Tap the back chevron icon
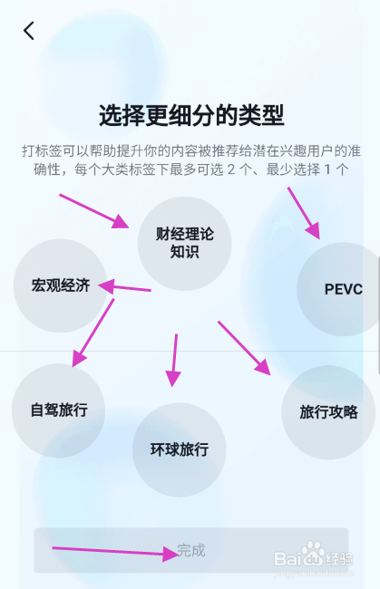28,31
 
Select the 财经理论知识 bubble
184,244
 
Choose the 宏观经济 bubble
61,285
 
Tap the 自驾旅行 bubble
59,410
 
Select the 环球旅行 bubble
180,449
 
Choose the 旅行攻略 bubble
328,412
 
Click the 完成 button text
191,550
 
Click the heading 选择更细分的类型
191,115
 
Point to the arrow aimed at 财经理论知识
94,211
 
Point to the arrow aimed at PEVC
304,213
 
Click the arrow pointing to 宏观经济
124,287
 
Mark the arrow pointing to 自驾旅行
93,333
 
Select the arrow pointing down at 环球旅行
173,361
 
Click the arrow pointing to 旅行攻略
244,348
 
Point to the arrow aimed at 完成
115,552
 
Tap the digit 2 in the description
231,169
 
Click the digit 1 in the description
327,169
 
